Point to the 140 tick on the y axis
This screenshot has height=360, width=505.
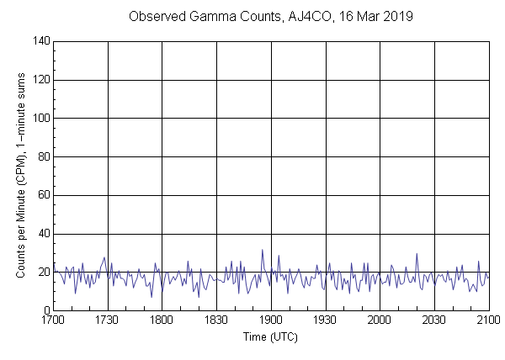(40, 41)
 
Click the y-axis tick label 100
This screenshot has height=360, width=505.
(40, 119)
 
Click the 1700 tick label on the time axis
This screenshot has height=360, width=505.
(53, 320)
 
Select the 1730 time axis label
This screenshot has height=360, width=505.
(107, 320)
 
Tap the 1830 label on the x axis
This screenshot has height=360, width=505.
(216, 320)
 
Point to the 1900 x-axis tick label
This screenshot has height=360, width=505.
(271, 320)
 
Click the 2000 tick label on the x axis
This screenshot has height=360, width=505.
(380, 320)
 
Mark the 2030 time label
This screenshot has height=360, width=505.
(434, 320)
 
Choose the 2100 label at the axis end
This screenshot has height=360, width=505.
(488, 320)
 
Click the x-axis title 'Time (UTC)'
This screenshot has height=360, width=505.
(270, 336)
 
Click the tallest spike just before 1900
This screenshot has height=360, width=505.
(262, 250)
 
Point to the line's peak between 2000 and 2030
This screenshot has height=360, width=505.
(417, 254)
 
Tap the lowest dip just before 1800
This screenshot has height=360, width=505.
(151, 297)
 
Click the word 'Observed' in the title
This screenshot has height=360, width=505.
(157, 17)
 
